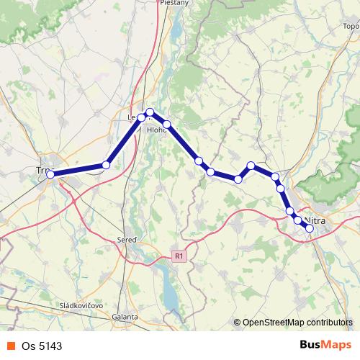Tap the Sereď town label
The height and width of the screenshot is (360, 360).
pos(127,239)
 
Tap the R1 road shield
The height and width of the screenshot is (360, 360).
pos(180,255)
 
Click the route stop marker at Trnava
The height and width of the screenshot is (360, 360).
pos(50,174)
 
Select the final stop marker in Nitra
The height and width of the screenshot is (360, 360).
pos(310,228)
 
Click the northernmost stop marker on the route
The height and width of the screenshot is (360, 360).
pos(150,112)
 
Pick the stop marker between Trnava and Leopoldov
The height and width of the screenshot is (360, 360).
pos(106,165)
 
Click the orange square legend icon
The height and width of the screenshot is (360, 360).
pos(10,346)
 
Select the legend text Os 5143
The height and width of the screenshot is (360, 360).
pos(42,346)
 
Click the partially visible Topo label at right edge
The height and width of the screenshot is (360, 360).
pos(351,27)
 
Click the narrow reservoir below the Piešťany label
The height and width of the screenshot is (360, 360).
pos(176,30)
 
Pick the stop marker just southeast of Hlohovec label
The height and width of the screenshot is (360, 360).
pos(166,125)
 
